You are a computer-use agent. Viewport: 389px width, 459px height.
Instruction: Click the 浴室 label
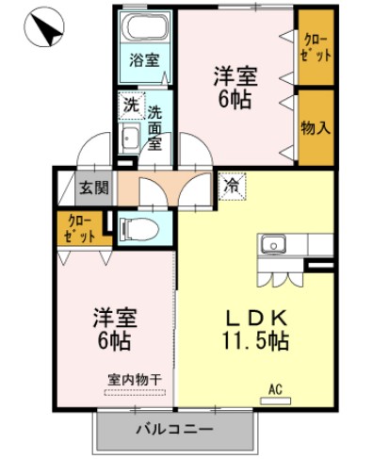[143, 59]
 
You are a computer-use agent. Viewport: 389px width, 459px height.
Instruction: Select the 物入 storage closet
[316, 125]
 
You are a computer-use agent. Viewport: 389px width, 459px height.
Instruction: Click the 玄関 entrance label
[92, 187]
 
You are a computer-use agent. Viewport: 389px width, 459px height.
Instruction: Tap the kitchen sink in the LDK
[274, 244]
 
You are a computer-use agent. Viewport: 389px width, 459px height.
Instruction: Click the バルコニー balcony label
[173, 430]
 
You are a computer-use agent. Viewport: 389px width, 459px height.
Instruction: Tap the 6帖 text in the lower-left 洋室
[111, 338]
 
